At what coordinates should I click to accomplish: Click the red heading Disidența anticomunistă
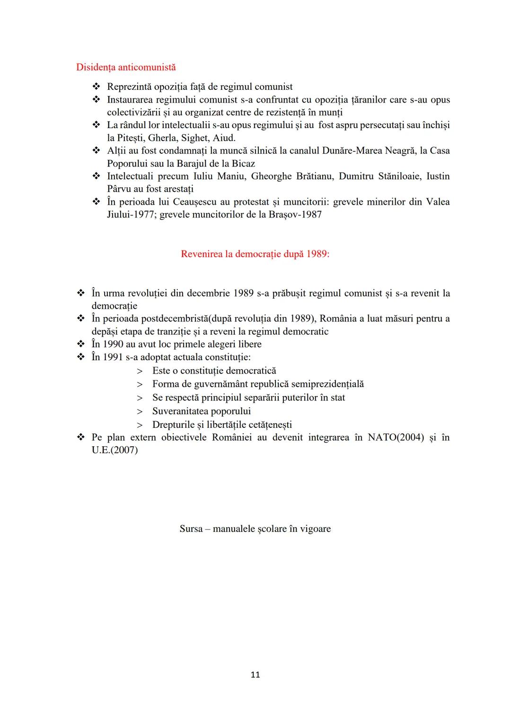(126, 67)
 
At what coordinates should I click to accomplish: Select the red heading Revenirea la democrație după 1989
(255, 254)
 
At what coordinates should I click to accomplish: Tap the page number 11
(255, 675)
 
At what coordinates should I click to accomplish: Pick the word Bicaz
(243, 164)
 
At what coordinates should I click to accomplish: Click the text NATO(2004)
(396, 437)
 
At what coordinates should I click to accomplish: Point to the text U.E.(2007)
(115, 450)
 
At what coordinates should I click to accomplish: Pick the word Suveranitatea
(180, 411)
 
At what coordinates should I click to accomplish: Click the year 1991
(113, 357)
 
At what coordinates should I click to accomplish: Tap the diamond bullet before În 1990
(80, 344)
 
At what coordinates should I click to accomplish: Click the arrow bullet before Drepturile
(140, 425)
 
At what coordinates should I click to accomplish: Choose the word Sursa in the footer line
(191, 529)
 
